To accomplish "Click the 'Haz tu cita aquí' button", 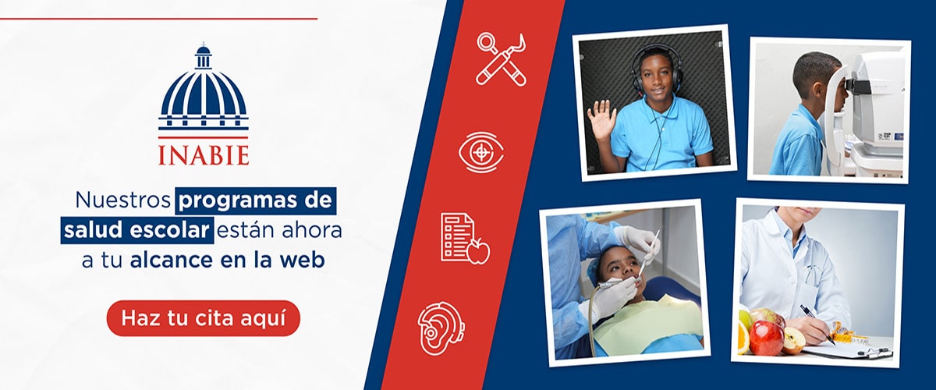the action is tap(204, 318).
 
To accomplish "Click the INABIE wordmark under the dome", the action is tap(204, 155).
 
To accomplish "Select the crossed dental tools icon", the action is tap(502, 59).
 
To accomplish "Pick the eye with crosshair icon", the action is tap(481, 152).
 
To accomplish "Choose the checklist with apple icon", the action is tap(465, 238).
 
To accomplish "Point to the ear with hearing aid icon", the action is tap(441, 329).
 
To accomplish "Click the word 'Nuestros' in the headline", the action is tap(123, 200).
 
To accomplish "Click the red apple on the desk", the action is tap(766, 337).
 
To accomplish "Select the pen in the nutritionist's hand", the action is tap(817, 324).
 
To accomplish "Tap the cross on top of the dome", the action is tap(204, 44).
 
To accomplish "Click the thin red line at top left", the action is tap(159, 19).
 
